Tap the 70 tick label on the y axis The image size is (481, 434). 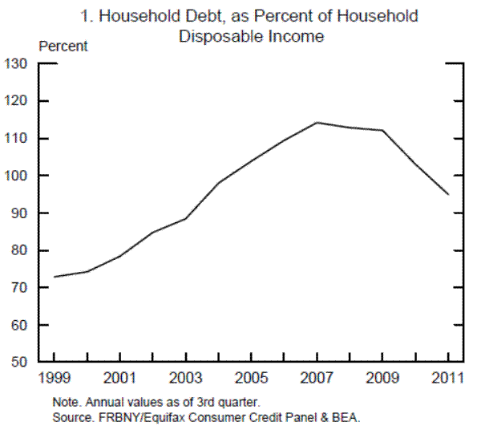[19, 288]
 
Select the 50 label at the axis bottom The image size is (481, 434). [19, 363]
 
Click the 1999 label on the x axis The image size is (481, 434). [55, 376]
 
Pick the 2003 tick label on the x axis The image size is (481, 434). [186, 376]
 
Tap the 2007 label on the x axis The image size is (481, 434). [317, 376]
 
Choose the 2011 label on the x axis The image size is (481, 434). [448, 376]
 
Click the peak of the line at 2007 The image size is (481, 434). [317, 123]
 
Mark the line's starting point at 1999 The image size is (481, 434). [55, 277]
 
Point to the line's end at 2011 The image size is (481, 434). [448, 194]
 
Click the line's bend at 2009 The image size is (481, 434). [383, 130]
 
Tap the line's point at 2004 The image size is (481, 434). [219, 183]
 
